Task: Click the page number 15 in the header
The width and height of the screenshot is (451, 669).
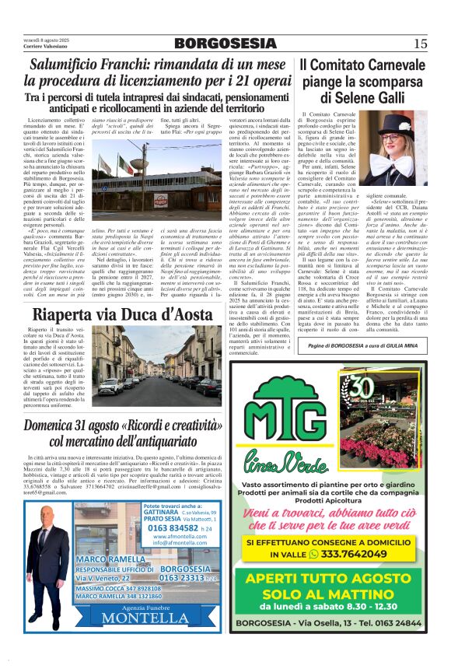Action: point(421,43)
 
